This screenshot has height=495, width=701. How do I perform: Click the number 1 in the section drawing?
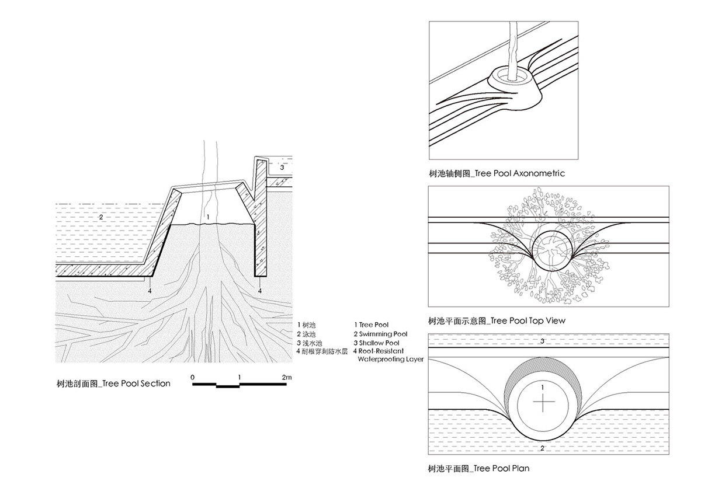pos(207,217)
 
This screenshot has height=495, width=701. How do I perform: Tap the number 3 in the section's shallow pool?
pos(282,168)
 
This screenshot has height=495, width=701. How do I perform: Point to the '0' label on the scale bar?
pos(193,378)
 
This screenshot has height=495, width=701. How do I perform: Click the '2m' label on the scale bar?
pos(286,378)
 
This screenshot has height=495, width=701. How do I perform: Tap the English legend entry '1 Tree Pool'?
pos(371,325)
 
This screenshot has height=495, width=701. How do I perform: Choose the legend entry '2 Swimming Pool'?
pos(380,333)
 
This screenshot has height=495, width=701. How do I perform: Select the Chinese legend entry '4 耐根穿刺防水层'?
pos(322,351)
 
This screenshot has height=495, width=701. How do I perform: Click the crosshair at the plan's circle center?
pos(543,403)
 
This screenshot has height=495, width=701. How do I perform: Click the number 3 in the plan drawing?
pos(543,340)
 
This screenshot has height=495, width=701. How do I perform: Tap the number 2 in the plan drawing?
pos(543,448)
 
